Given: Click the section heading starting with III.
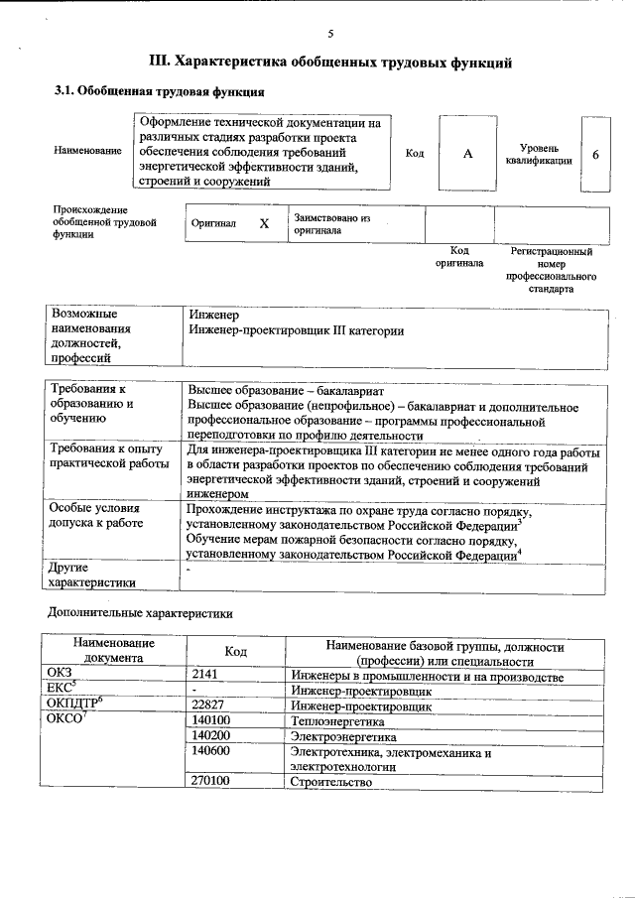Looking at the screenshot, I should pyautogui.click(x=329, y=63).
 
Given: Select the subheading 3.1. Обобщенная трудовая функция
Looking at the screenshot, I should pyautogui.click(x=159, y=92).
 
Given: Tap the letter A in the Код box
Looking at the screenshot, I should pyautogui.click(x=467, y=154).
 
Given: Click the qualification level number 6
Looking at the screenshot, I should pyautogui.click(x=594, y=155).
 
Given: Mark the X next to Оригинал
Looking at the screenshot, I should pyautogui.click(x=264, y=223).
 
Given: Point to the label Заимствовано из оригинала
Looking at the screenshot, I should pyautogui.click(x=331, y=223).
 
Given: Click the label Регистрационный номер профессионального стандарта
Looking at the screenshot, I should pyautogui.click(x=551, y=271).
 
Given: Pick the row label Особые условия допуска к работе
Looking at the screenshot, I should pyautogui.click(x=96, y=516).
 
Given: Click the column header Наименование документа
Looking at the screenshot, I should pyautogui.click(x=112, y=652).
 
